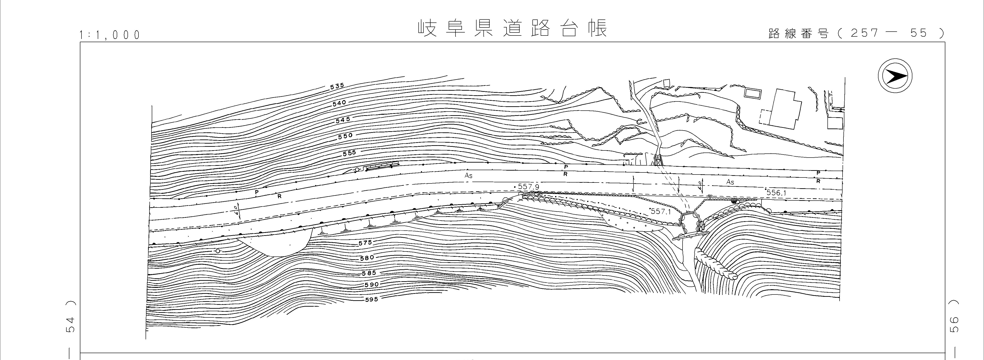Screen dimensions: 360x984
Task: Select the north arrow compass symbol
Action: (895, 77)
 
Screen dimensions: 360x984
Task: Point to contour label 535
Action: (337, 86)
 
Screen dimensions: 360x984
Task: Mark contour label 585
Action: (369, 273)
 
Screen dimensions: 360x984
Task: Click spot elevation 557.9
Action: (528, 187)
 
